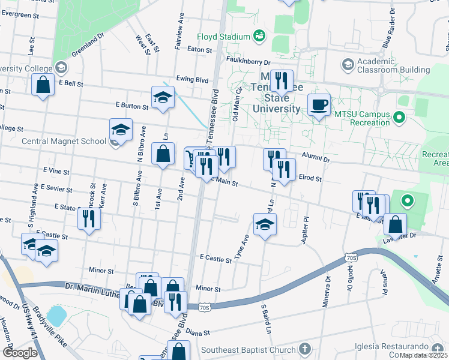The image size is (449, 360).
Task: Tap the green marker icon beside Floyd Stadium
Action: (259, 36)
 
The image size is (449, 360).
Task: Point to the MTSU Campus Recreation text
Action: (362, 118)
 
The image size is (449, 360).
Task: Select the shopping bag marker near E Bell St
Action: (44, 85)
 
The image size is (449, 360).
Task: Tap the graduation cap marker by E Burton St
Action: (163, 97)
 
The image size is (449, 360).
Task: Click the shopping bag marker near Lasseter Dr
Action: (395, 224)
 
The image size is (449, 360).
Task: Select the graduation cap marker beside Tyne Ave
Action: (264, 226)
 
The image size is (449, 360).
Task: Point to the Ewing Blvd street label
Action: (192, 79)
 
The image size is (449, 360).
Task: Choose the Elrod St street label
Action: (310, 179)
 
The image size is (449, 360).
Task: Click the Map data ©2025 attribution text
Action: (423, 355)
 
